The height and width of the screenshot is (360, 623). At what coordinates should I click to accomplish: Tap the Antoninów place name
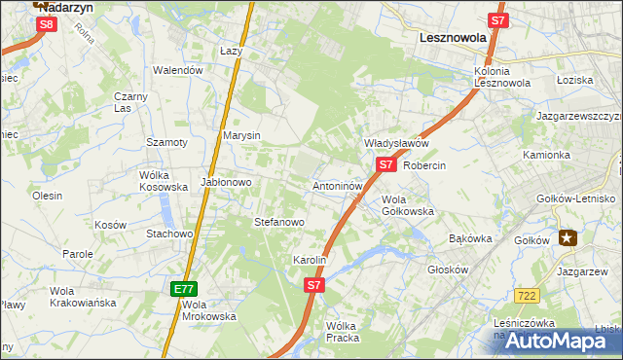click(x=338, y=185)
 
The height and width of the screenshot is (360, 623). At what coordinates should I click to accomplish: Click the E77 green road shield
click(x=184, y=289)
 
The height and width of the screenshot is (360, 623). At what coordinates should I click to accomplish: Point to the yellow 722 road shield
click(x=529, y=295)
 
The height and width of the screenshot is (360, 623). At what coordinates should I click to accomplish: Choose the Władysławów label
click(x=396, y=143)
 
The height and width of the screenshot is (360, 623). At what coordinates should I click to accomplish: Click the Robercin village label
click(x=423, y=165)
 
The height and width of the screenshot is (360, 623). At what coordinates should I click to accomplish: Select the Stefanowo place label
click(x=279, y=222)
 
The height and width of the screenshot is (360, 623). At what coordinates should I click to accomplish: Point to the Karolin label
click(x=309, y=261)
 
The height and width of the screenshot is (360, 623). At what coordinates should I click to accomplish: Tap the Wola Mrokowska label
click(x=208, y=309)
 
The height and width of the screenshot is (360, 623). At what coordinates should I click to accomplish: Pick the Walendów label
click(x=178, y=70)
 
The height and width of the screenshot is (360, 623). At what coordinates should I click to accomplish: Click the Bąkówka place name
click(x=470, y=238)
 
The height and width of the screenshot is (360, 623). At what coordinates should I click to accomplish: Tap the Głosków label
click(x=448, y=271)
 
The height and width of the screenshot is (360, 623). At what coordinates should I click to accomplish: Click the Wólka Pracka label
click(x=343, y=332)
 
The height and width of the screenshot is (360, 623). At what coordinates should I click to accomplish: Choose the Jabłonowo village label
click(x=227, y=182)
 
